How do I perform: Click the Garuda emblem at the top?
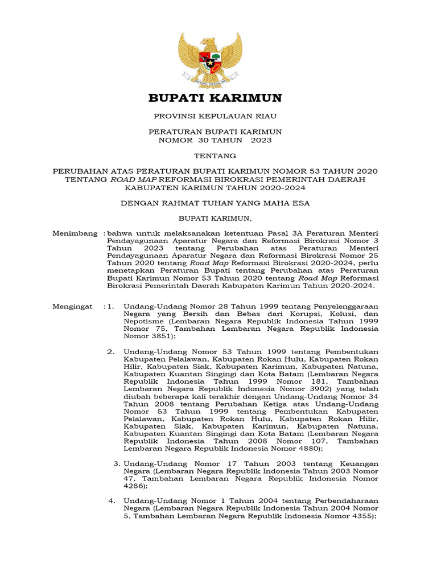pyautogui.click(x=210, y=60)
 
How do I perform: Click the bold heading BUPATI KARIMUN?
pyautogui.click(x=215, y=98)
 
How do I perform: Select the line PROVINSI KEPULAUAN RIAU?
pyautogui.click(x=215, y=116)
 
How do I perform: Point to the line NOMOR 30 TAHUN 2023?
pyautogui.click(x=215, y=139)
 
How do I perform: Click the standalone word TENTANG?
pyautogui.click(x=215, y=155)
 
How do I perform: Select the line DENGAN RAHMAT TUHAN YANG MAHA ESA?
pyautogui.click(x=215, y=203)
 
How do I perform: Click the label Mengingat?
pyautogui.click(x=72, y=306)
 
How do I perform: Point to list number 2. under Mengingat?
pyautogui.click(x=112, y=351)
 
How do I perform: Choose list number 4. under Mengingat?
pyautogui.click(x=112, y=501)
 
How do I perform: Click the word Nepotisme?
pyautogui.click(x=143, y=321)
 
